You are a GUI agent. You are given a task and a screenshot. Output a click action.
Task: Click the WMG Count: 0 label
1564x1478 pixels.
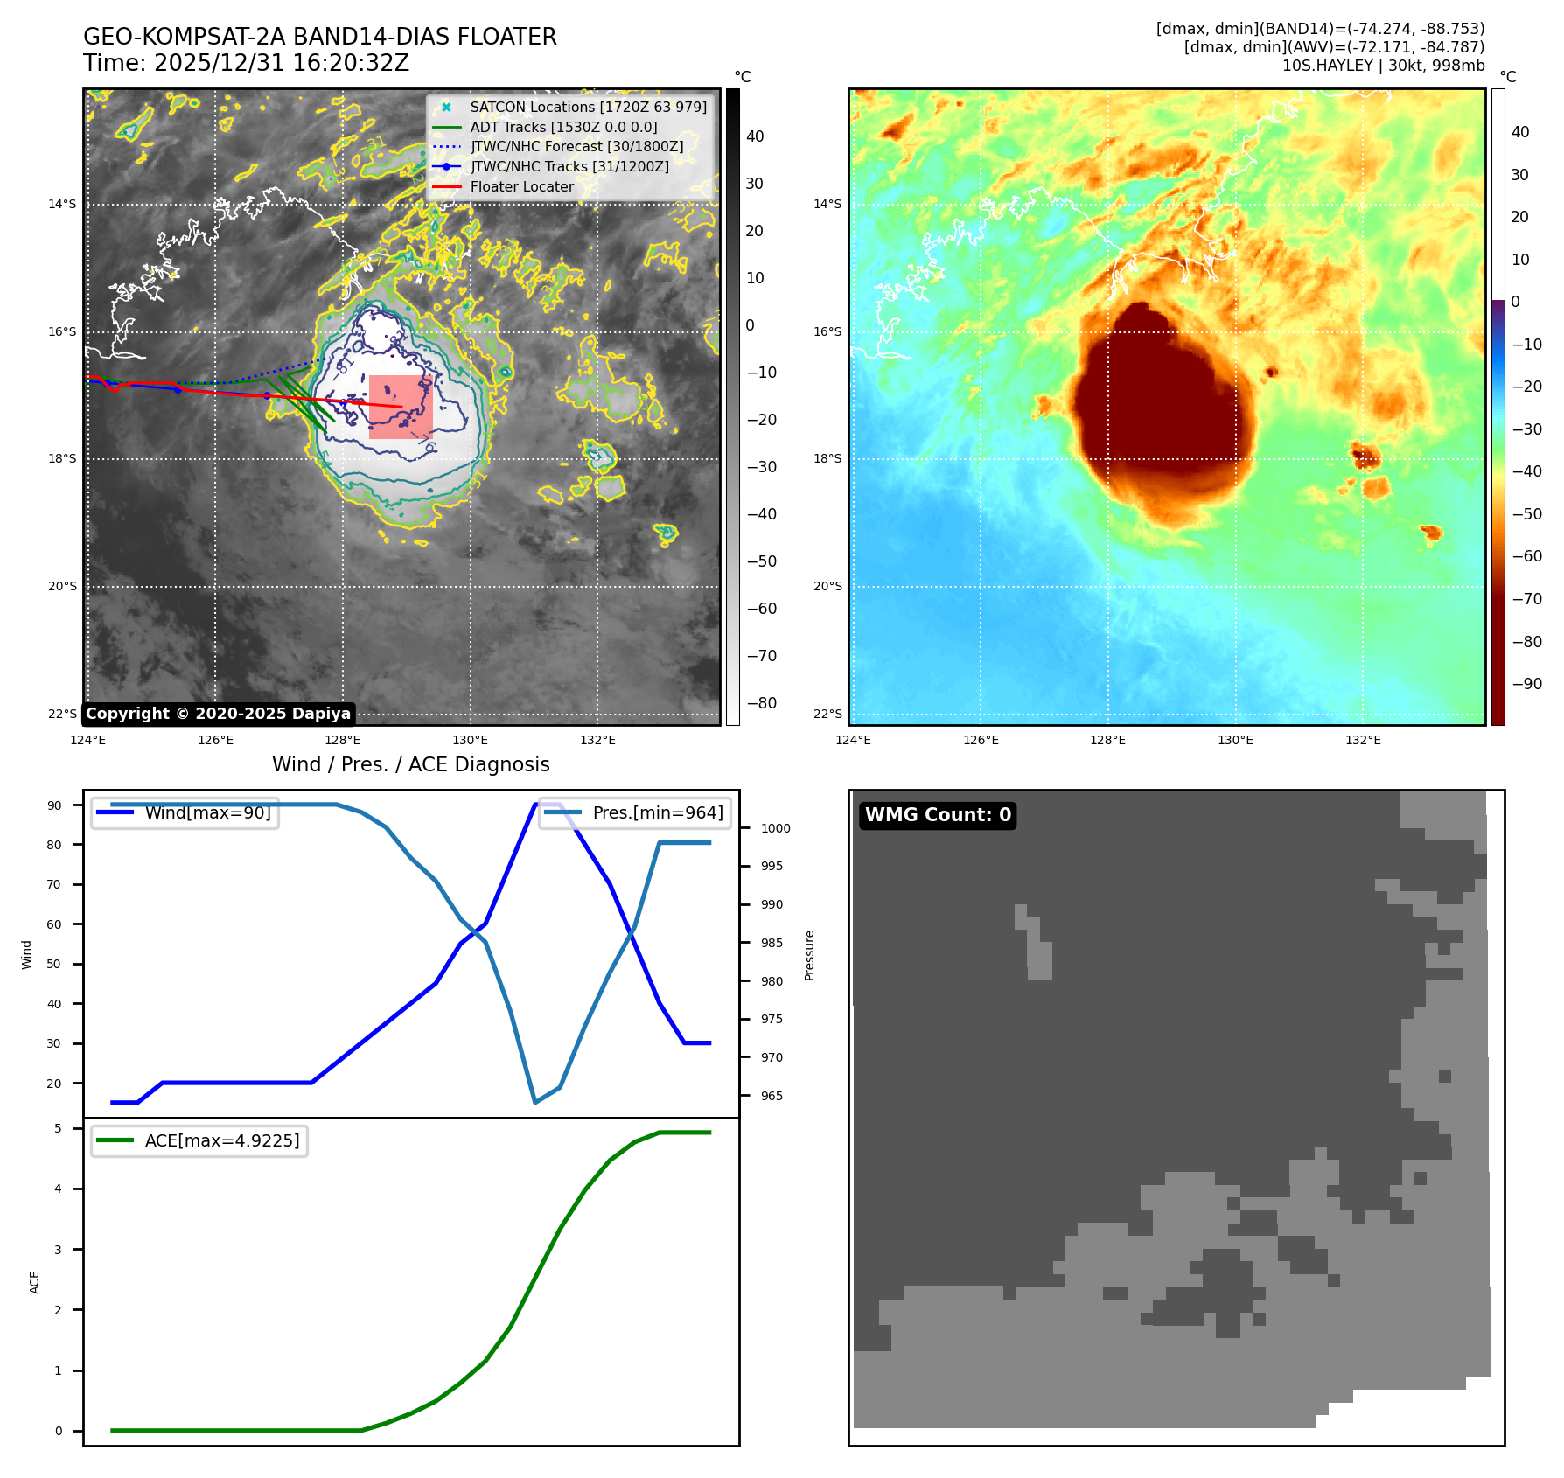point(938,815)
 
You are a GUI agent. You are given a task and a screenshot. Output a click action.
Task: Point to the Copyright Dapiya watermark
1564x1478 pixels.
point(218,714)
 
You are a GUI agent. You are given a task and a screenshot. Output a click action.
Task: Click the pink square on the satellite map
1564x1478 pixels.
point(401,407)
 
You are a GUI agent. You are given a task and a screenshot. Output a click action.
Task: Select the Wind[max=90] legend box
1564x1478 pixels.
point(185,813)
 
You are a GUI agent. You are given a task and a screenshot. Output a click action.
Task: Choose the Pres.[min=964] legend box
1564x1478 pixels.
point(634,813)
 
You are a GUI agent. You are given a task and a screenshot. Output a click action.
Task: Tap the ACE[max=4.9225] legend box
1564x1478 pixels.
point(199,1140)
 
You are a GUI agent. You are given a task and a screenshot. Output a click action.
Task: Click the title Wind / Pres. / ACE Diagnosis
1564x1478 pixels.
point(411,765)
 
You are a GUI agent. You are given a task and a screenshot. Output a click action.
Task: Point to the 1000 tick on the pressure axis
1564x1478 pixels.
point(775,828)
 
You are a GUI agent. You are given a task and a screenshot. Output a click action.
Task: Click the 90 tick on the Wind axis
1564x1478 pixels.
point(55,805)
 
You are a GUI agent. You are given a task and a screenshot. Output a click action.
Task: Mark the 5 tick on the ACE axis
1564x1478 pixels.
point(59,1128)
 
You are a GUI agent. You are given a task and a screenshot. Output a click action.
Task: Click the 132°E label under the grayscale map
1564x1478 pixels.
point(597,740)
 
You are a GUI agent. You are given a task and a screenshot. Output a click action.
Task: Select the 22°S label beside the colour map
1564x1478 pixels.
point(827,714)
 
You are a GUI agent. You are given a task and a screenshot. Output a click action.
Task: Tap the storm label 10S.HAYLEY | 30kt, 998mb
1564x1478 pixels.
point(1383,66)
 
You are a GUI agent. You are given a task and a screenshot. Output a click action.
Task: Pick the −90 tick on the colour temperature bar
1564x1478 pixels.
point(1527,684)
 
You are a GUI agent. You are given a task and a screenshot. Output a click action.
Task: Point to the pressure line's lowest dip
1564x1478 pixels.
point(535,1102)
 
